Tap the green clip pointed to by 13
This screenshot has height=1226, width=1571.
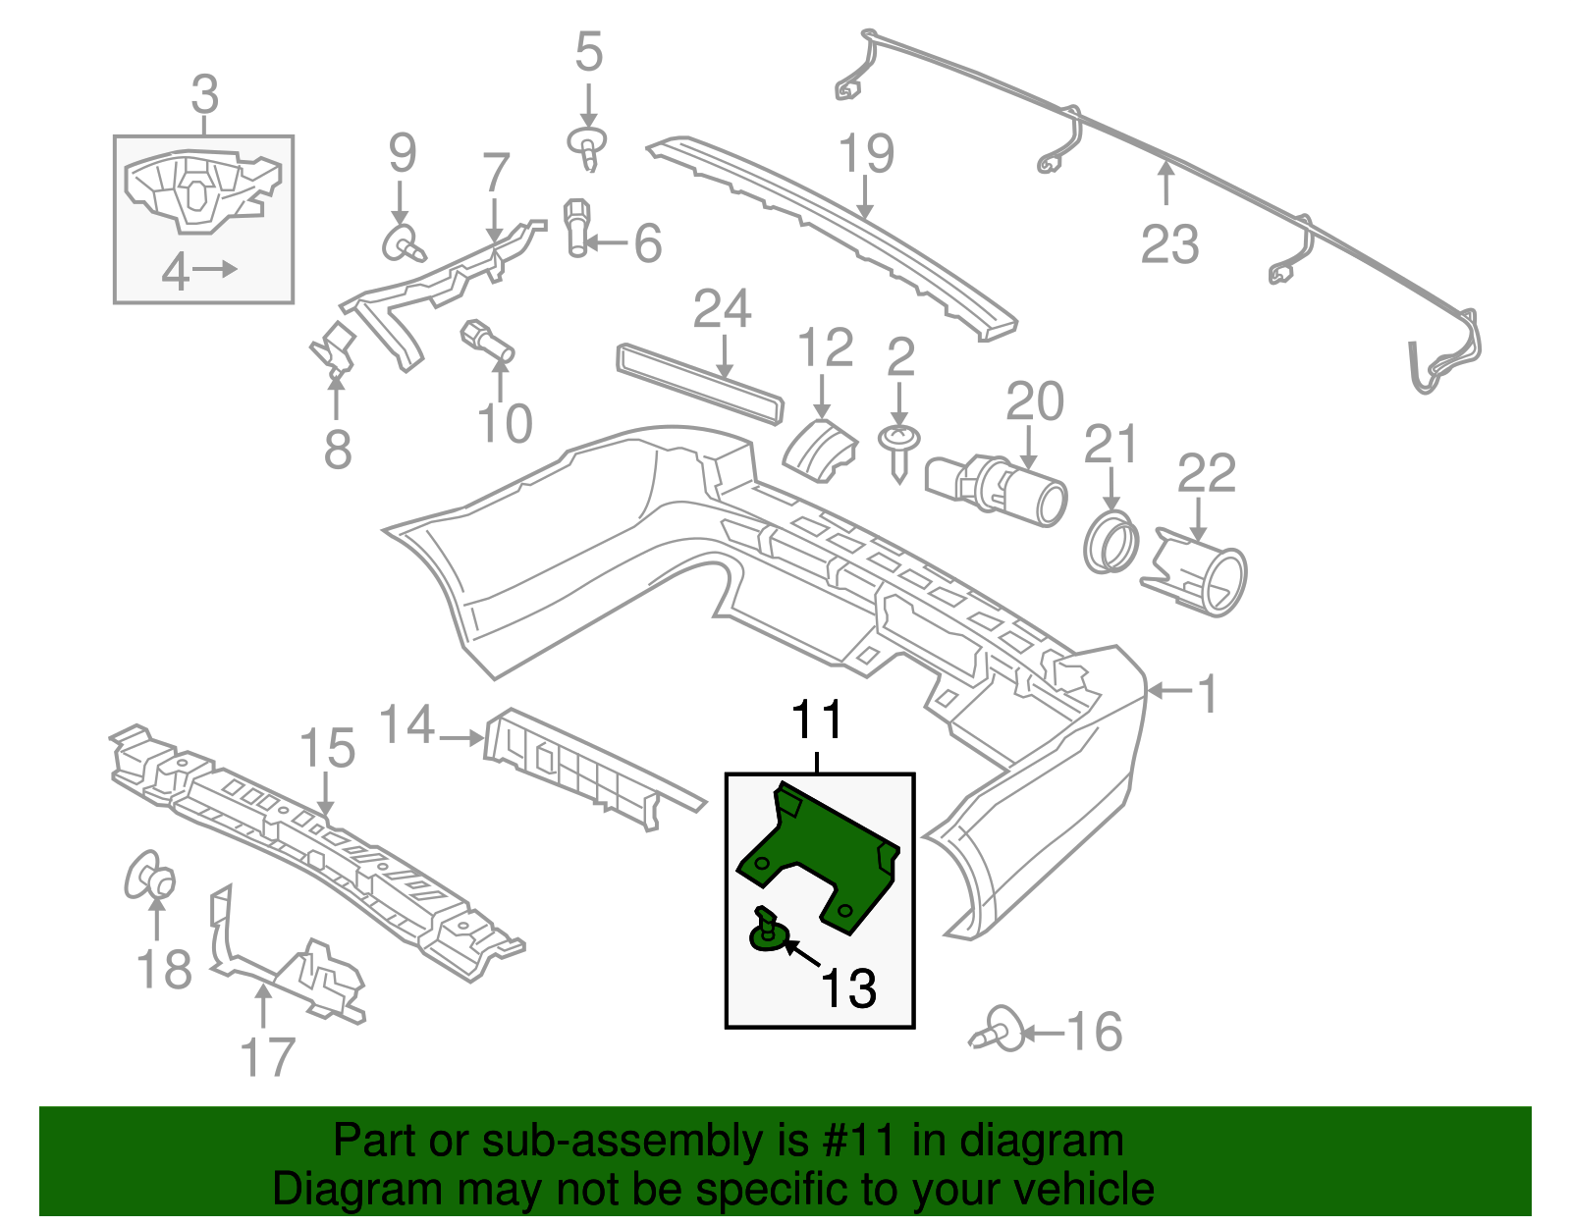(x=768, y=932)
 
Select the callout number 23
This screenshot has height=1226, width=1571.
(x=1169, y=244)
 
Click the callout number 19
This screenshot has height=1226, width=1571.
(x=866, y=153)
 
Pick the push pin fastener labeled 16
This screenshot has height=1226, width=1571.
(x=1001, y=1032)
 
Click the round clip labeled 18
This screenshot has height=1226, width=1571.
(x=150, y=876)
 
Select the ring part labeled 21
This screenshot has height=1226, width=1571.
(x=1111, y=543)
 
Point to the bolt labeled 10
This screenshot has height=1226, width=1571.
(x=488, y=341)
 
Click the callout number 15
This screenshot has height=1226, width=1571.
(x=327, y=749)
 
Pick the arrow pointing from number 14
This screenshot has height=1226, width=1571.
(x=460, y=737)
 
